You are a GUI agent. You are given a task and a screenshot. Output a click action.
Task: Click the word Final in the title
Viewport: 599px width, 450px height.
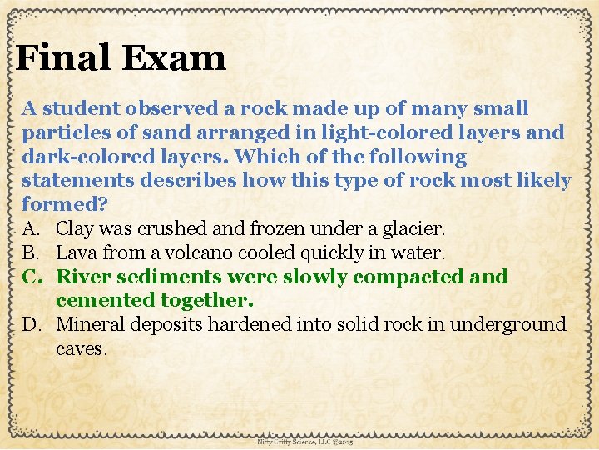coord(64,58)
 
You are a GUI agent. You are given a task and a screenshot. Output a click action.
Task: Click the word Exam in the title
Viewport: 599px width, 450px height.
coord(174,58)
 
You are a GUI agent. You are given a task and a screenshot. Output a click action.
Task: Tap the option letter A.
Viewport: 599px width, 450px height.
coord(30,228)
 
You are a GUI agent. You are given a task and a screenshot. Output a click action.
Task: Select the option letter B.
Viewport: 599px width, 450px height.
coord(30,252)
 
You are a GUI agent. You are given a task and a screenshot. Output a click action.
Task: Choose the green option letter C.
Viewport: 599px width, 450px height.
coord(31,277)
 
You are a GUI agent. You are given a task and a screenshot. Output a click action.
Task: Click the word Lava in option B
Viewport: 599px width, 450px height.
coord(76,252)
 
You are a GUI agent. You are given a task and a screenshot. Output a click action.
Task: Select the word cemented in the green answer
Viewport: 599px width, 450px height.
coord(102,300)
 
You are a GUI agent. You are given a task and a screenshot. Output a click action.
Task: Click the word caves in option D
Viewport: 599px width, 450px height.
coord(81,349)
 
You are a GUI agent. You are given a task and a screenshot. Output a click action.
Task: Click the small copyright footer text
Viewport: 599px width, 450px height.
coord(306,442)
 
